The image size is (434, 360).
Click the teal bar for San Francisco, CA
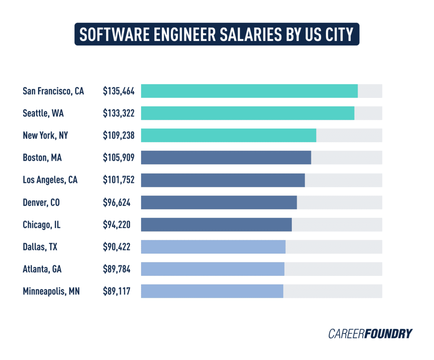(249, 91)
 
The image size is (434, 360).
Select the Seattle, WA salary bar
(247, 113)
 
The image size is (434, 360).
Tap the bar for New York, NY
(228, 135)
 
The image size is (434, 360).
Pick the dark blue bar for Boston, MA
(226, 158)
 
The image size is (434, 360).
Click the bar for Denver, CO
(219, 202)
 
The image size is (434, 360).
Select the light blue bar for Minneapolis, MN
(212, 291)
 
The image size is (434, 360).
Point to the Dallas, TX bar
(213, 247)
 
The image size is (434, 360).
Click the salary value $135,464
(118, 91)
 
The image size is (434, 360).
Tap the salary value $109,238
(118, 135)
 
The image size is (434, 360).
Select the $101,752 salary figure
(118, 180)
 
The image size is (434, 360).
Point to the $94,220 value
(117, 224)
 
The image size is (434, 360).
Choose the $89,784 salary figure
(117, 269)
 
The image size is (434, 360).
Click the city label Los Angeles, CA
(50, 180)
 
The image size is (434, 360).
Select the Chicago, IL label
(41, 224)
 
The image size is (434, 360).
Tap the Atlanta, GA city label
(42, 269)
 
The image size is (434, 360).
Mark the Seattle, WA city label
(43, 113)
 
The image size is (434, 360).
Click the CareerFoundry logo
(370, 334)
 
